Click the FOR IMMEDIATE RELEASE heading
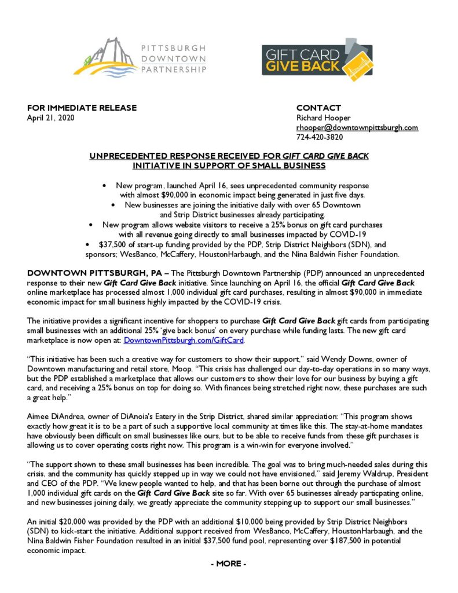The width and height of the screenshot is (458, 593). point(82,108)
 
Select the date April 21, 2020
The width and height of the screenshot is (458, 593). point(51,118)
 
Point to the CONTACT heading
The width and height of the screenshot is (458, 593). point(318,108)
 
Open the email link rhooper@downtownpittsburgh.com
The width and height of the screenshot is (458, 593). point(357,127)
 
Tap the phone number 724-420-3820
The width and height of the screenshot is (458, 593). point(319,137)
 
